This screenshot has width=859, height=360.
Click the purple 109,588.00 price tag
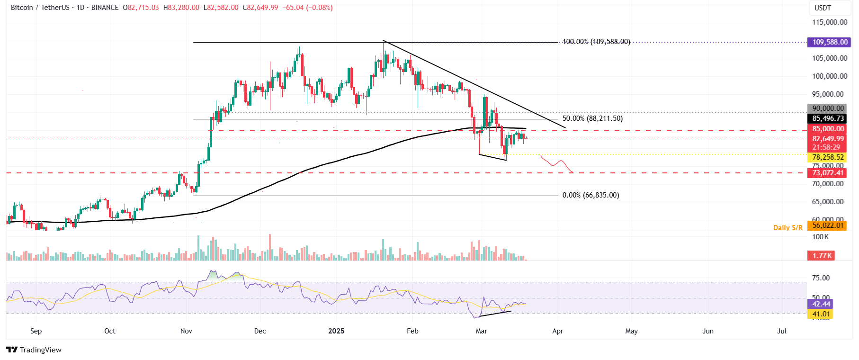(x=830, y=42)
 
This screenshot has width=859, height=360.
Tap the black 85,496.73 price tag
(x=828, y=118)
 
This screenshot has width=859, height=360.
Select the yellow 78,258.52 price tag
(x=828, y=157)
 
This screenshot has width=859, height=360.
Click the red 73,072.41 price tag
(x=828, y=173)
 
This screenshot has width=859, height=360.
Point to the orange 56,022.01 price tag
(x=828, y=225)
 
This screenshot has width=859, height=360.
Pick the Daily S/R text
(x=787, y=228)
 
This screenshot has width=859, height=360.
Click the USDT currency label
(x=823, y=8)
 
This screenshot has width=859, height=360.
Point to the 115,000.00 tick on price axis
(x=830, y=22)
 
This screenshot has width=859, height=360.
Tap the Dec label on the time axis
(x=260, y=331)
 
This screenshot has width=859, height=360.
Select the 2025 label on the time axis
(x=336, y=331)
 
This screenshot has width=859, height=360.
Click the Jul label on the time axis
(x=782, y=331)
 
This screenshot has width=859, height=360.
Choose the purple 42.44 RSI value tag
(x=821, y=304)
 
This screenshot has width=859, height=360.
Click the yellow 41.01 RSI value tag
(x=821, y=314)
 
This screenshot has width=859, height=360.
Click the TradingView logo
(x=34, y=350)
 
